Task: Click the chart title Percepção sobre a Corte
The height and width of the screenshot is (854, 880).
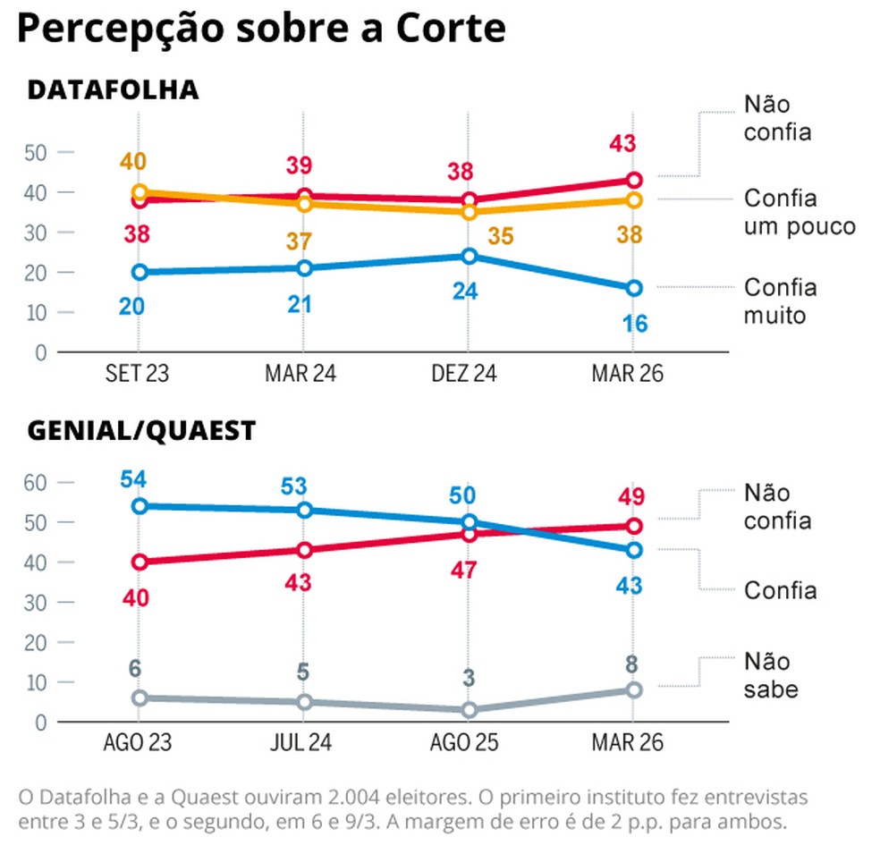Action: (x=261, y=30)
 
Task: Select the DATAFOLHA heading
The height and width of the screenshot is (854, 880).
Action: (x=113, y=90)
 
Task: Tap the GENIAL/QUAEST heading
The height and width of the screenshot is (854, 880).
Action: (x=141, y=430)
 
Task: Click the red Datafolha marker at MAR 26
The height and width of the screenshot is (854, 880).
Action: (x=634, y=180)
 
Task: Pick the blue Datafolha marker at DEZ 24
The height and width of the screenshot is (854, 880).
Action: (x=468, y=256)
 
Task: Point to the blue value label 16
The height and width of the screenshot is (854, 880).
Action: (x=634, y=323)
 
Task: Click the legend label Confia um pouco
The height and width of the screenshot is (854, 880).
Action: (x=800, y=212)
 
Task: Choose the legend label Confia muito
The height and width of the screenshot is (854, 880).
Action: (x=781, y=301)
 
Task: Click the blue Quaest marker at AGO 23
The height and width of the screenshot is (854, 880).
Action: (x=140, y=505)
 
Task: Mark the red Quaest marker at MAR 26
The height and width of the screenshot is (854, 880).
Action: (x=634, y=526)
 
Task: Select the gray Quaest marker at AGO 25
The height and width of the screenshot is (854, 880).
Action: (x=468, y=710)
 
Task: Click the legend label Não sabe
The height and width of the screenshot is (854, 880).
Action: (x=771, y=675)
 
